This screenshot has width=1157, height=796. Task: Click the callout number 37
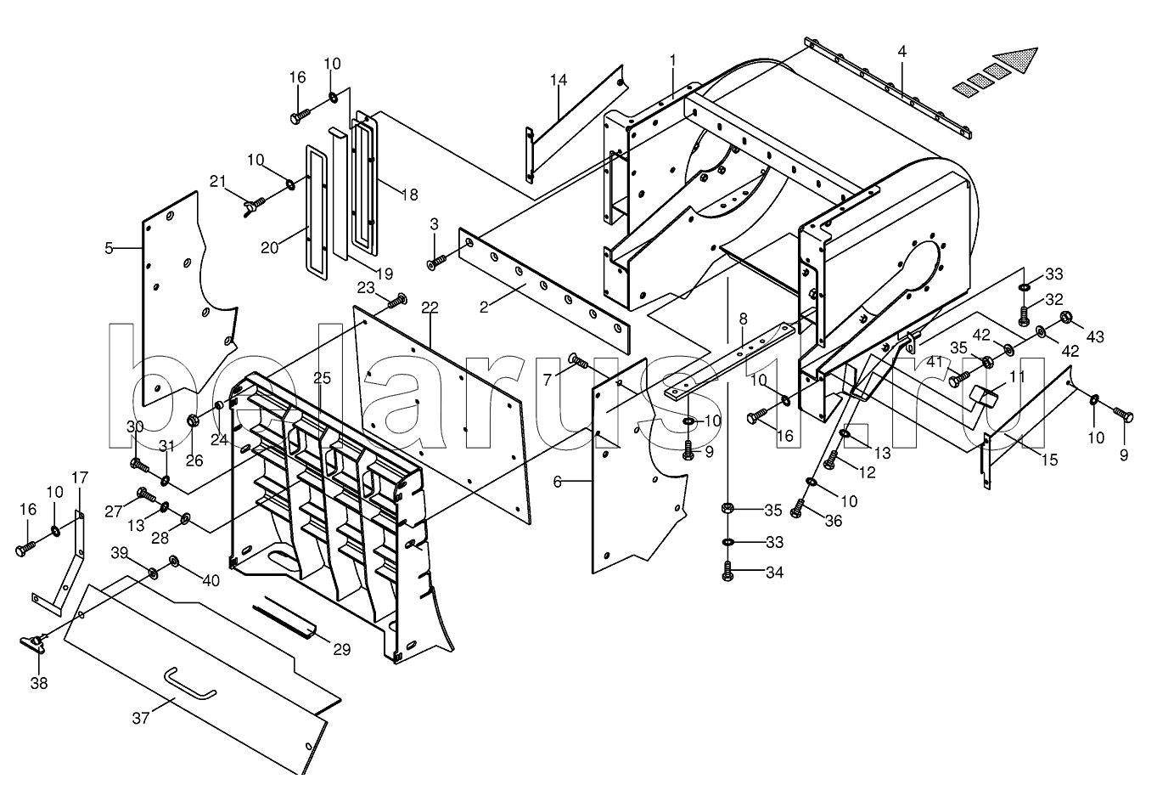click(140, 718)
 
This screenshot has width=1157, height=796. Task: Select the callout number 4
click(901, 52)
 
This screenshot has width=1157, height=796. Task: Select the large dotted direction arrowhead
click(1016, 59)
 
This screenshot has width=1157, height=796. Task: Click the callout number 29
click(340, 650)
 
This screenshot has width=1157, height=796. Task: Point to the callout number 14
click(558, 81)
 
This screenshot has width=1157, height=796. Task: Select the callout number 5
click(109, 248)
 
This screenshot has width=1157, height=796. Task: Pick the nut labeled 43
click(1066, 319)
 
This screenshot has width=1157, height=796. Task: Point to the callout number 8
click(743, 319)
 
